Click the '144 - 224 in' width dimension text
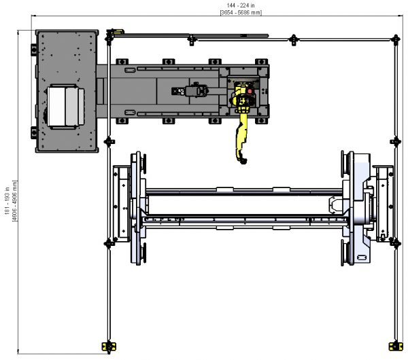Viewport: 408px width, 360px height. pos(241,5)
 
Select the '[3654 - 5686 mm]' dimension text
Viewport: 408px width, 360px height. pos(241,12)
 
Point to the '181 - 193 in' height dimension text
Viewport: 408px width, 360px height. pos(7,201)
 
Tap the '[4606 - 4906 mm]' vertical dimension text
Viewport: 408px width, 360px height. pos(15,201)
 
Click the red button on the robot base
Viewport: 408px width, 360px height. pos(250,91)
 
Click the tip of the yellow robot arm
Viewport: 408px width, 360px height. pos(243,162)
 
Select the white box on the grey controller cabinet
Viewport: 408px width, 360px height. pos(66,107)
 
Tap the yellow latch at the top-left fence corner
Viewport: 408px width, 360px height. pos(118,31)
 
